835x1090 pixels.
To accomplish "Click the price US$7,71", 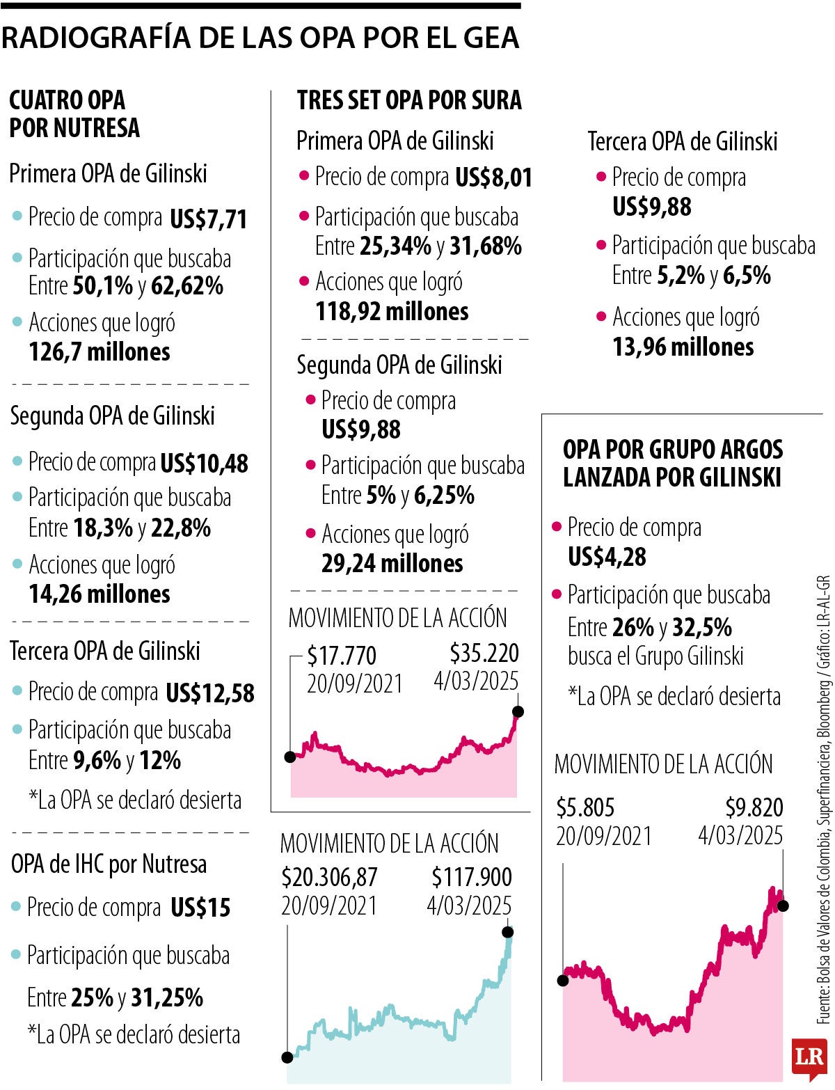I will (x=208, y=220).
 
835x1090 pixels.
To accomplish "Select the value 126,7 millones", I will (x=100, y=352).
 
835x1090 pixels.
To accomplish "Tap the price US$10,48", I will (x=204, y=464).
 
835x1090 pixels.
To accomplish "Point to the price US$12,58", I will (x=209, y=693).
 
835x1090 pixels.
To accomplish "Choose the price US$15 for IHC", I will (x=200, y=908).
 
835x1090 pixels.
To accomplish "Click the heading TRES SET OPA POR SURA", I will (x=409, y=100).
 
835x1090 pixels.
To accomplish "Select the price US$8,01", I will (x=493, y=177).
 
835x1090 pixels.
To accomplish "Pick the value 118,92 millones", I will (x=392, y=311).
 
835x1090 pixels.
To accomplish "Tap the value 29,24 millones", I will (x=392, y=563).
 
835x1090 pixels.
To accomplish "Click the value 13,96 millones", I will (x=683, y=347).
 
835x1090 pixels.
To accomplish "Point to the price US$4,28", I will (x=607, y=557).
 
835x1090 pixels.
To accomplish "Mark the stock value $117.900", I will (x=471, y=877).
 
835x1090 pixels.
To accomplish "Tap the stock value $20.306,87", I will (x=329, y=877).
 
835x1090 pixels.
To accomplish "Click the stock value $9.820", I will (x=754, y=807).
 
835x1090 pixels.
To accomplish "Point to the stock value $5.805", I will (x=585, y=807).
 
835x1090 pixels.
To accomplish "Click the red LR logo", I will (x=809, y=1059).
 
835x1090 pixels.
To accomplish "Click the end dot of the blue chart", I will (x=507, y=932).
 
